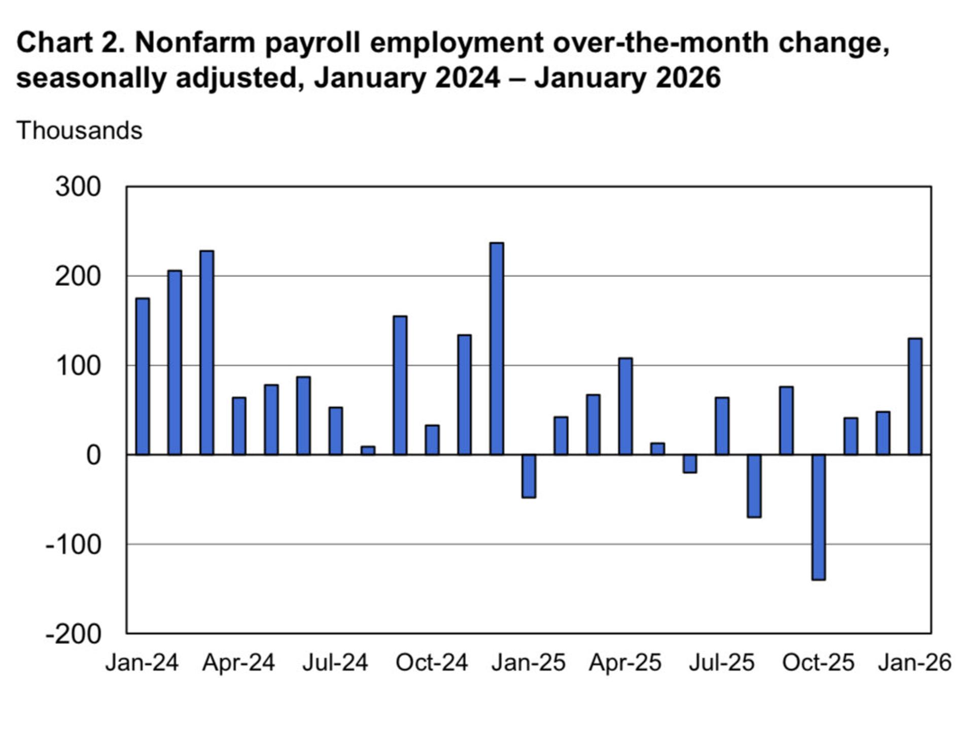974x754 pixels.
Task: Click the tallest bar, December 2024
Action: click(x=497, y=349)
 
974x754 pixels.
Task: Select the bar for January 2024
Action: click(x=143, y=376)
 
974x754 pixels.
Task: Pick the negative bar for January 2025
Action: click(x=529, y=476)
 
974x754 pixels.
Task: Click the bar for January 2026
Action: click(x=915, y=396)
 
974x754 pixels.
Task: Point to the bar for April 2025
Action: click(x=625, y=406)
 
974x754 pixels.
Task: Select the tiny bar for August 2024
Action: click(x=368, y=451)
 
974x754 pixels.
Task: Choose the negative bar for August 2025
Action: click(x=754, y=486)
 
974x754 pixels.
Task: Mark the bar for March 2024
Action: click(x=207, y=353)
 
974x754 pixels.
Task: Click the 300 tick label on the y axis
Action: click(x=78, y=187)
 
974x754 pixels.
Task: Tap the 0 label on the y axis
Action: click(x=93, y=455)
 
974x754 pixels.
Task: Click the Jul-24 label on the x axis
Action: click(x=335, y=663)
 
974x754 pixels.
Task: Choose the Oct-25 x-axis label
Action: click(x=818, y=663)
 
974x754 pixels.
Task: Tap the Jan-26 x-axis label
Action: click(x=915, y=663)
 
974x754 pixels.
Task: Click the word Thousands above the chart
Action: click(x=80, y=130)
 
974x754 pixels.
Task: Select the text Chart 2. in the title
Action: click(x=71, y=43)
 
